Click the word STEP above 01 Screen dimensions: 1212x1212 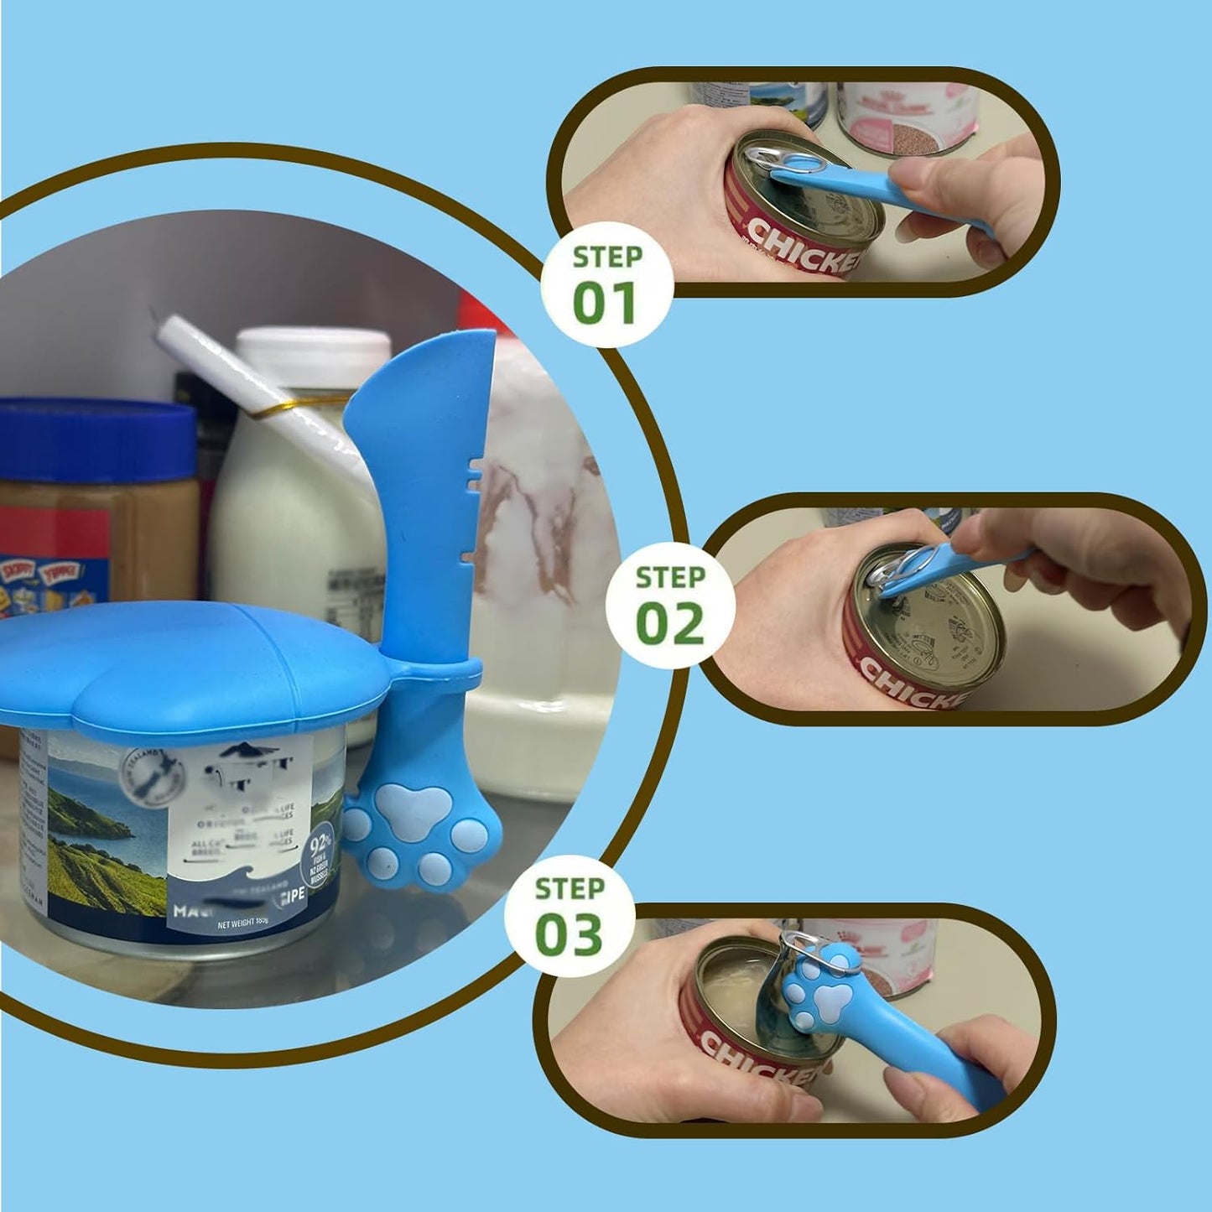pos(607,257)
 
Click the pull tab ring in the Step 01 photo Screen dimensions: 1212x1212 pos(779,158)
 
